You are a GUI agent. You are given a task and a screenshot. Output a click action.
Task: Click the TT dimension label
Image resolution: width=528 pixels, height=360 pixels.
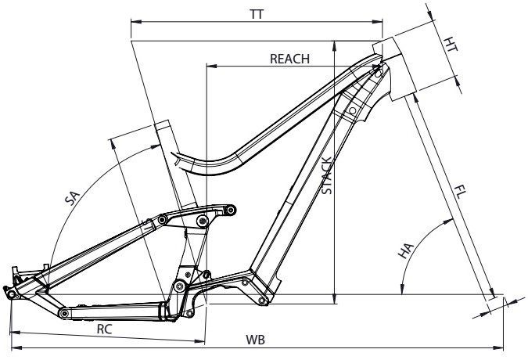257,15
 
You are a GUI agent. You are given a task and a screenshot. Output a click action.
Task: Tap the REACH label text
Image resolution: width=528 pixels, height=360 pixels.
289,59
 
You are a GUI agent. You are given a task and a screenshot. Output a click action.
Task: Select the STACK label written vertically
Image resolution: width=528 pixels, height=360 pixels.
327,175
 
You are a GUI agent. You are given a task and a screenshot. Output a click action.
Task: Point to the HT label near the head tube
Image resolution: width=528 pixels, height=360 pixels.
450,45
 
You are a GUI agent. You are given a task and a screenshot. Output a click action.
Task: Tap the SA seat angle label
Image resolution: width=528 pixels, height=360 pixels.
72,198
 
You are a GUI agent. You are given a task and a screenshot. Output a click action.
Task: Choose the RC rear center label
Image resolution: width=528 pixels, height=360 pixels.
104,329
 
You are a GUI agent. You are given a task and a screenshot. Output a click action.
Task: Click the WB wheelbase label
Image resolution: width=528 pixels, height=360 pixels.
255,340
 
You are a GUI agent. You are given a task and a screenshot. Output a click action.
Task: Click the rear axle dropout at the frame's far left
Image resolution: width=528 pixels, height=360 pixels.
12,294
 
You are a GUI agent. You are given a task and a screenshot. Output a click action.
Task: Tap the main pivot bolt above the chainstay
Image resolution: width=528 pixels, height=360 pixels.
179,286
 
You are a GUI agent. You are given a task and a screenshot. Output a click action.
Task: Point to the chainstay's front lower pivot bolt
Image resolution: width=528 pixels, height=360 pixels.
63,314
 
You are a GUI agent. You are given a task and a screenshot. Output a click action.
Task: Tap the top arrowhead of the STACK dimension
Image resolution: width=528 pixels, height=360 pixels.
334,46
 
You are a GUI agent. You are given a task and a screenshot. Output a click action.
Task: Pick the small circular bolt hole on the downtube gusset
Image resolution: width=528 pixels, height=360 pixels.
353,110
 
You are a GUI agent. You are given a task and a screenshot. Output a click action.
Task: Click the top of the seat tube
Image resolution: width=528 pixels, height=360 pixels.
161,123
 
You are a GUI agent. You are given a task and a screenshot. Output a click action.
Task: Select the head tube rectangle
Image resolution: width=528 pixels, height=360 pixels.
395,69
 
